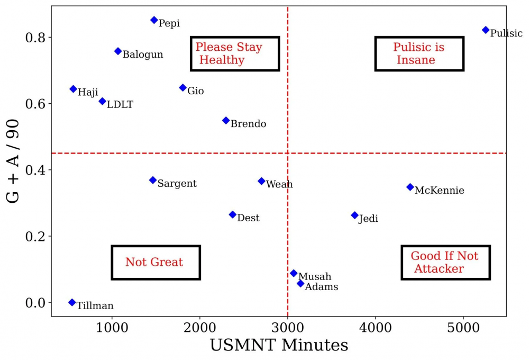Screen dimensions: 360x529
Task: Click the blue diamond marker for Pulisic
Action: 486,30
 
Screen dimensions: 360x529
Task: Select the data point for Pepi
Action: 154,20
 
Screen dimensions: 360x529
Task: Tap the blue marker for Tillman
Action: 72,302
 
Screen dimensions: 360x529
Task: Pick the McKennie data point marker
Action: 410,187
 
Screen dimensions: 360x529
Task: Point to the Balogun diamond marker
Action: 118,51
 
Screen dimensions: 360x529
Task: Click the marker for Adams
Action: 300,284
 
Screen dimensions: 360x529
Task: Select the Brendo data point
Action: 226,121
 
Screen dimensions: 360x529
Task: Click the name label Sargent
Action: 177,184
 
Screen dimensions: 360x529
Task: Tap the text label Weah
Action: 279,184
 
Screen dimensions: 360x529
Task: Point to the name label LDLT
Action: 120,105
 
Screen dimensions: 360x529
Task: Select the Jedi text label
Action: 368,219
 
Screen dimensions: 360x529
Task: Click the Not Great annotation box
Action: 156,263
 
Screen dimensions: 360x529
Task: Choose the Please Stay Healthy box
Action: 234,53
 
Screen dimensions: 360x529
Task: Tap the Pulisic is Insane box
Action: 419,53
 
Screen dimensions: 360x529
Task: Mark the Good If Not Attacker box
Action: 445,263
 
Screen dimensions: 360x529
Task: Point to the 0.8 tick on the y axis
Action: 36,38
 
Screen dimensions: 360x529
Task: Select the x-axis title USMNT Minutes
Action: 279,345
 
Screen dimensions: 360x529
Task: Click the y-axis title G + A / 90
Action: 14,160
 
